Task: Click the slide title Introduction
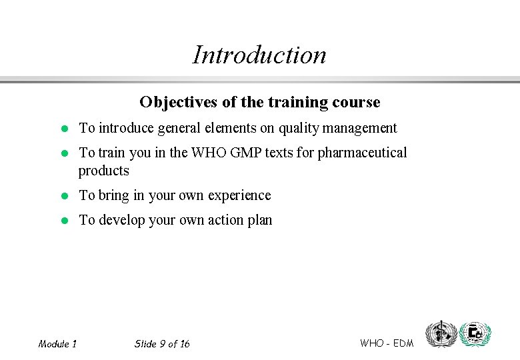click(259, 55)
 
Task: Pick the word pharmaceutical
click(362, 153)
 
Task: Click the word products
click(104, 171)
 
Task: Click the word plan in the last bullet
click(260, 220)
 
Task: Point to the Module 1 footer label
click(57, 344)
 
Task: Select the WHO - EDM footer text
click(387, 343)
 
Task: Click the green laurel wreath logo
click(475, 333)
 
